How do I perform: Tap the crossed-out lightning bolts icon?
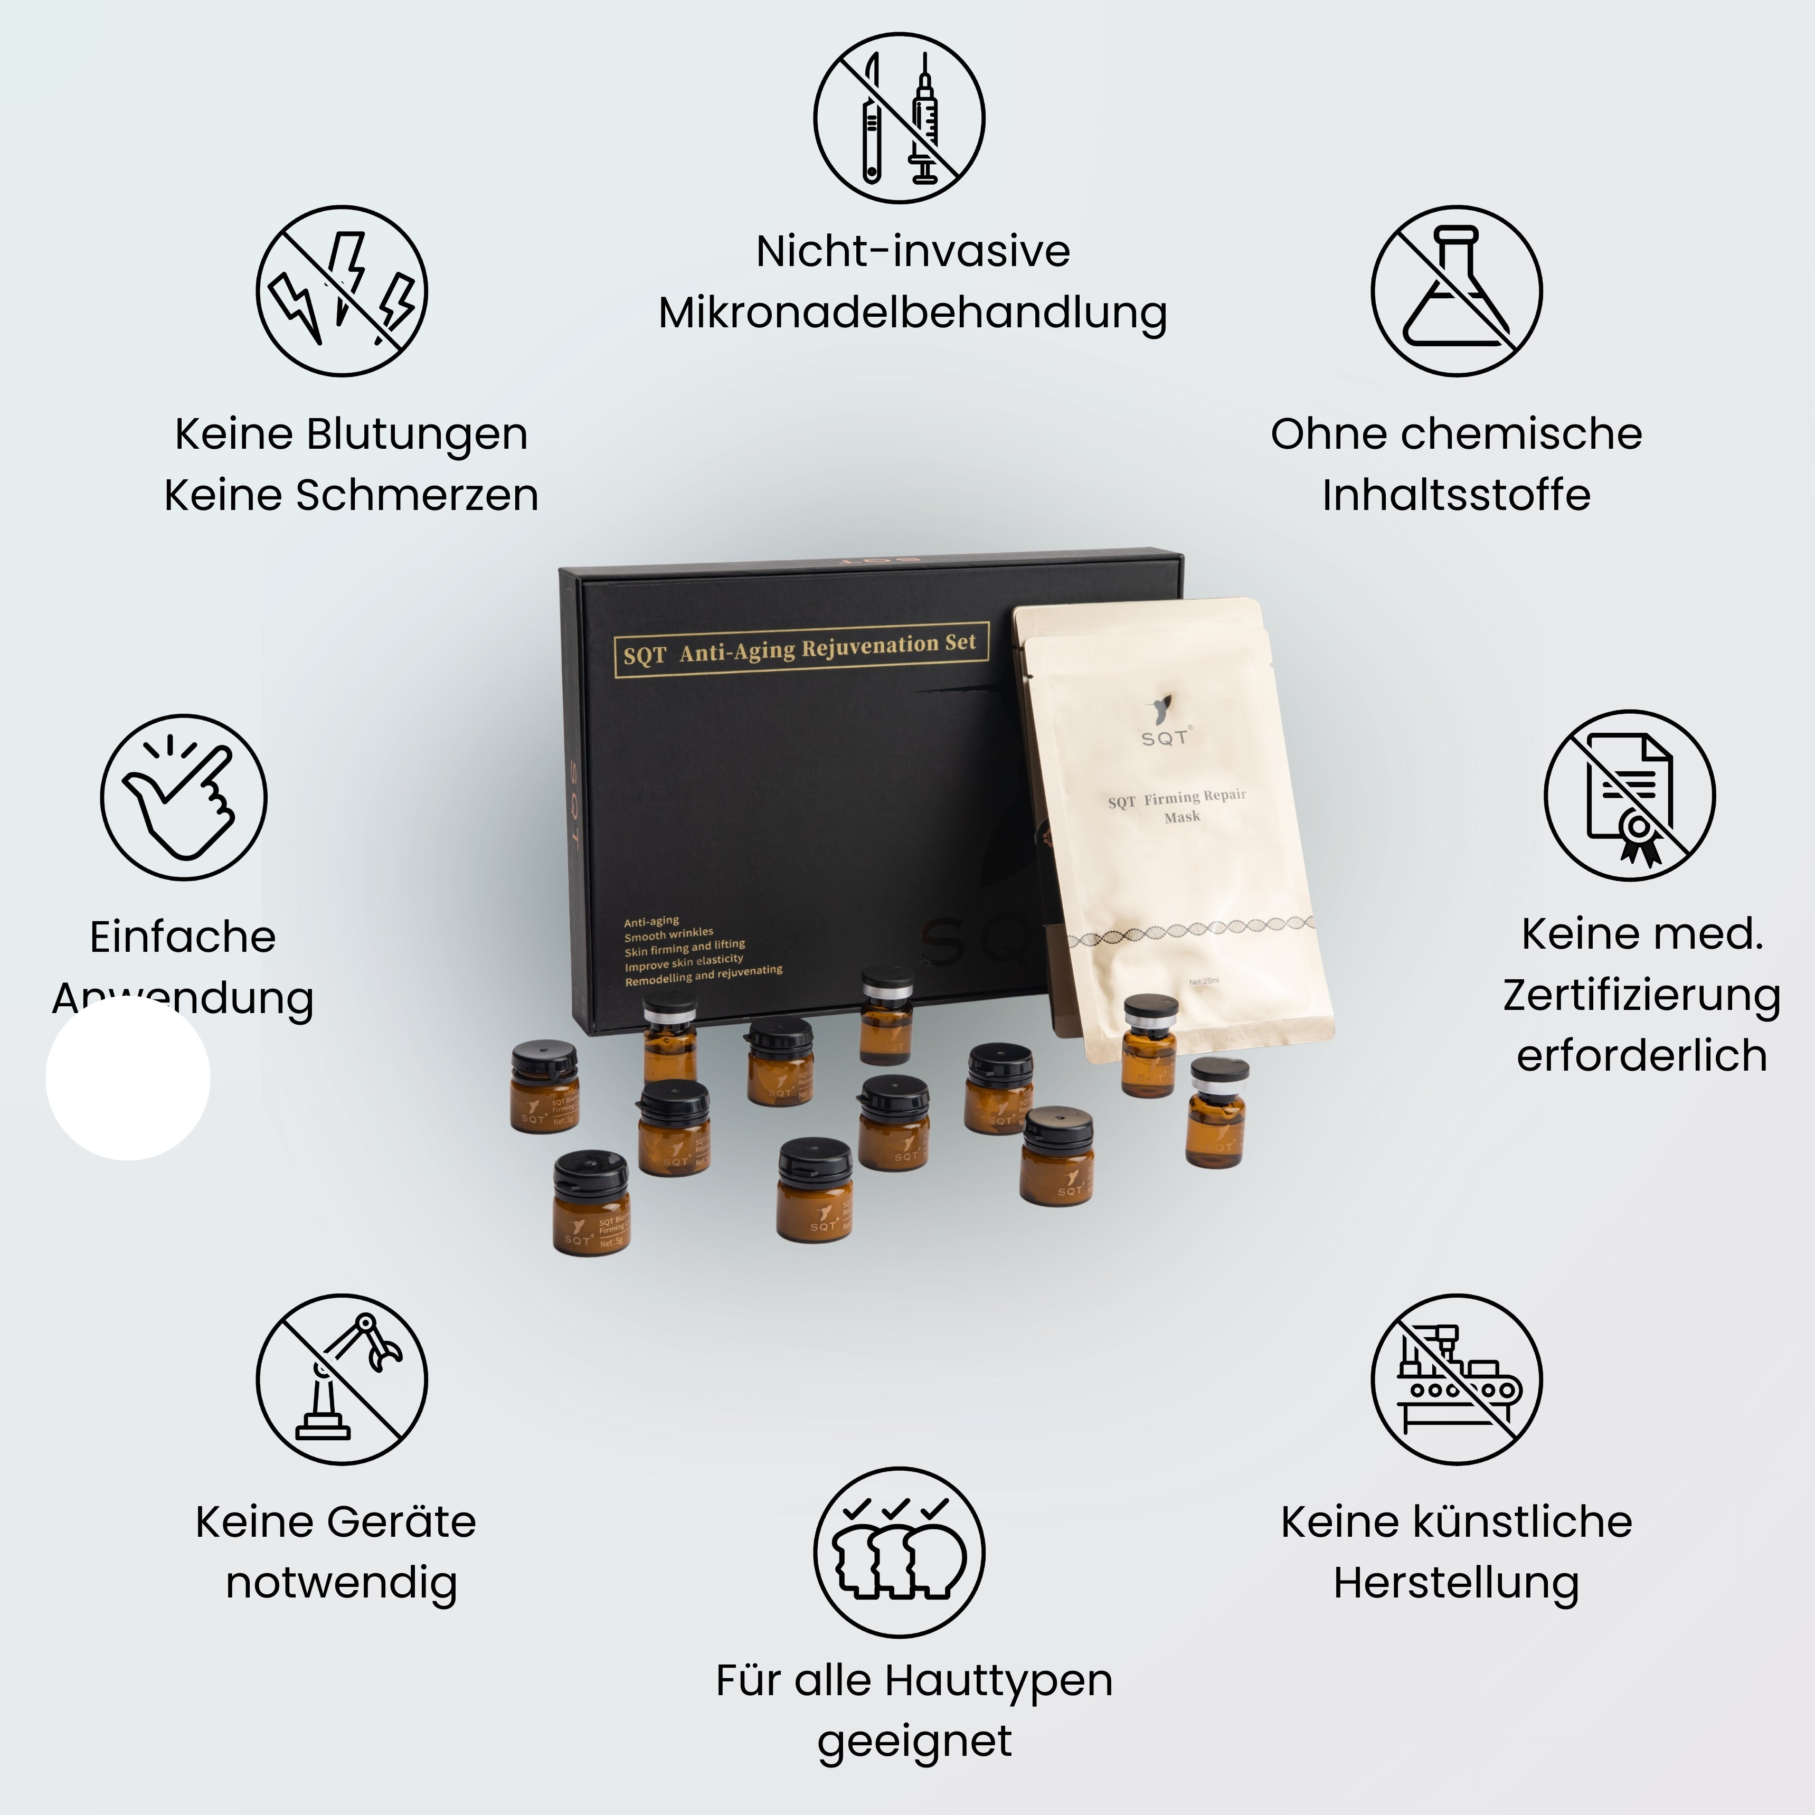tap(342, 291)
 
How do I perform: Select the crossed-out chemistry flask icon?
tap(1456, 291)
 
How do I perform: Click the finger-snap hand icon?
tap(184, 798)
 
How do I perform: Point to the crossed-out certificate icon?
tap(1630, 796)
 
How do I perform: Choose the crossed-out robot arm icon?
tap(342, 1379)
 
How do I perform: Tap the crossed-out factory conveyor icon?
tap(1456, 1379)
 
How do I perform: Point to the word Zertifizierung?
tap(1641, 996)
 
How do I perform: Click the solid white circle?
tap(128, 1079)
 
